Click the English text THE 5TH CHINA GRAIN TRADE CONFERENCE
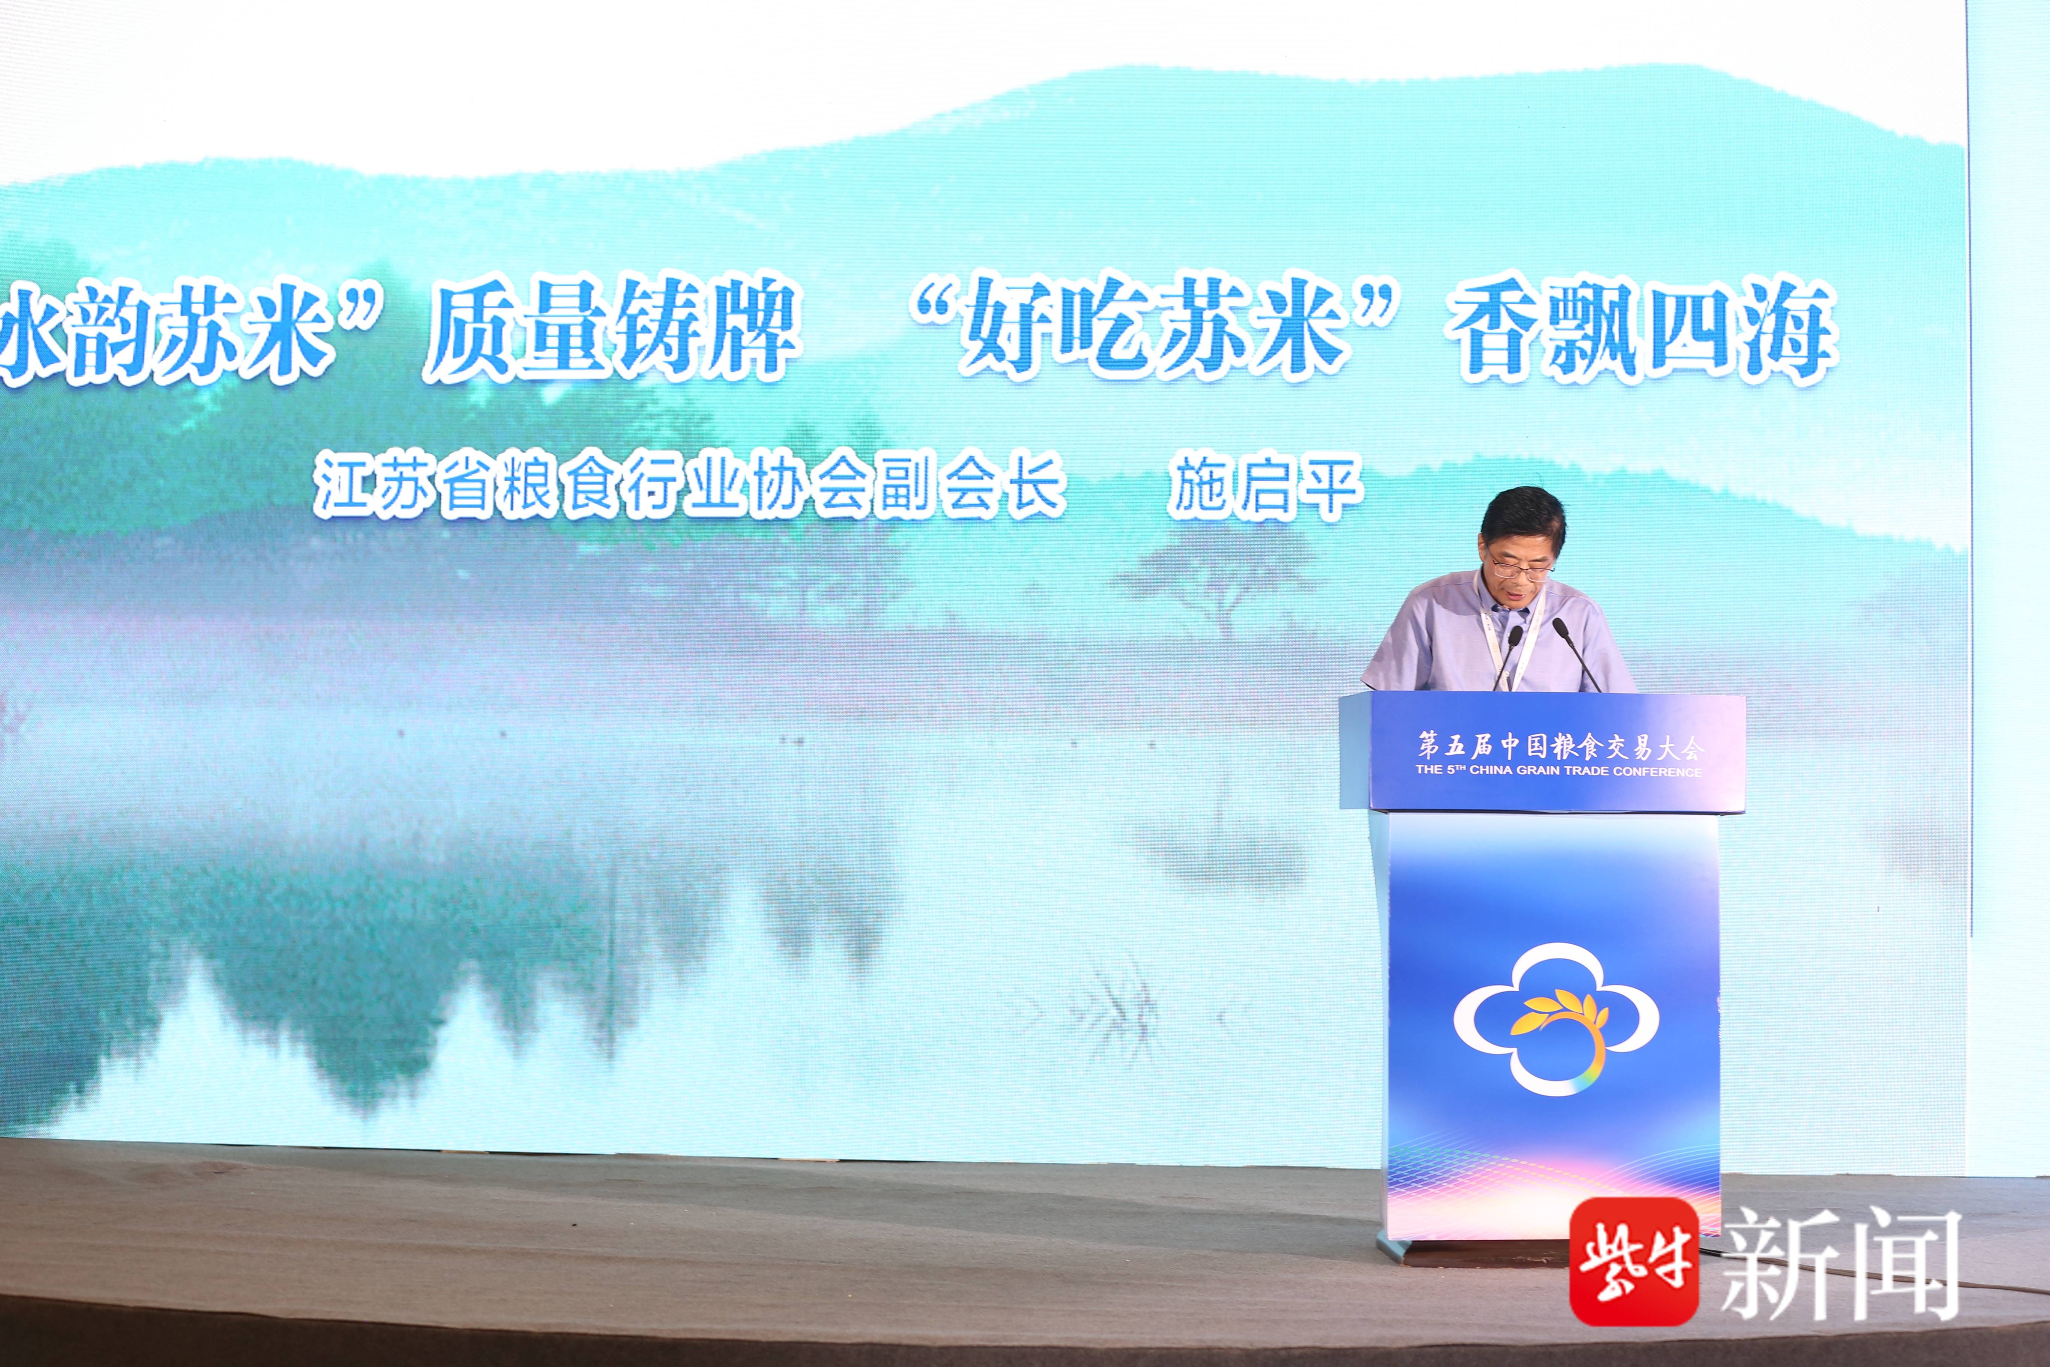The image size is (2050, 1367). (1558, 771)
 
